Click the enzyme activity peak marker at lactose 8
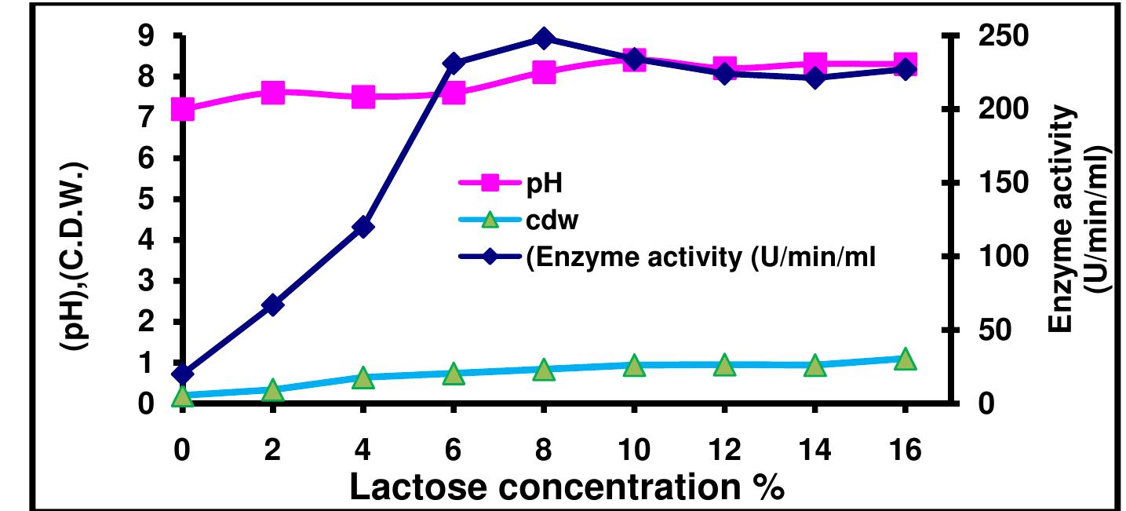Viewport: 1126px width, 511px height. [544, 38]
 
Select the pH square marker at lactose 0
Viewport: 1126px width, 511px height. [182, 108]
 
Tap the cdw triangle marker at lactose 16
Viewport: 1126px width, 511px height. [905, 359]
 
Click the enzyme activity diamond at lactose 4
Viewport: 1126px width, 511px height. [363, 228]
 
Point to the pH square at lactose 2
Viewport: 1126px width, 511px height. [273, 93]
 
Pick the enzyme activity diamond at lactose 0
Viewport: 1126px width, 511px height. [182, 374]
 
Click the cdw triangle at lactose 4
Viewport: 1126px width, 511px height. [363, 378]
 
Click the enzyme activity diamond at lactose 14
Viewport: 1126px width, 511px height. [814, 78]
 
